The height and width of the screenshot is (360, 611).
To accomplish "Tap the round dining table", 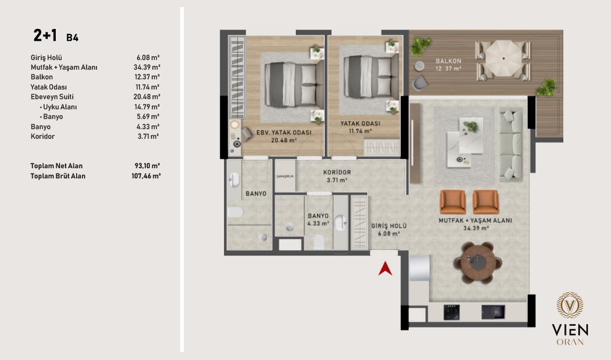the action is (478, 262).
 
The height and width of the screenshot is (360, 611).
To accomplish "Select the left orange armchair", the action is (453, 202).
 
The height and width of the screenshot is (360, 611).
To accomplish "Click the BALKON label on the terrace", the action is (449, 61).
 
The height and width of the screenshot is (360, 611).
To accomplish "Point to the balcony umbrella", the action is (503, 58).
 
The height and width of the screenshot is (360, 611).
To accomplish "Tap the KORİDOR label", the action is (337, 172).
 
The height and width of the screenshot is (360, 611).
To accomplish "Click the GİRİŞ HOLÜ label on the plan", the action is (389, 226).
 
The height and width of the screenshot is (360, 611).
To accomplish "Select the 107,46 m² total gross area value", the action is (146, 176).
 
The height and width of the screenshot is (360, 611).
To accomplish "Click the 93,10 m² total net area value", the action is (148, 166).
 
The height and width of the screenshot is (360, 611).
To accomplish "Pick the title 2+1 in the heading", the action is (45, 35).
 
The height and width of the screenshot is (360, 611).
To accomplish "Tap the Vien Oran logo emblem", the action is (570, 305).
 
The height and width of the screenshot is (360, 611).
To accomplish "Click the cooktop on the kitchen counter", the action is (452, 312).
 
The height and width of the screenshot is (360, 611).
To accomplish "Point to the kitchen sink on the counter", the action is (493, 312).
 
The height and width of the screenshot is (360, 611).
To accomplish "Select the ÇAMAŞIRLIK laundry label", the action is (285, 176).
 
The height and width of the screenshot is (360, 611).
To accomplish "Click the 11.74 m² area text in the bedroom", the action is (361, 131).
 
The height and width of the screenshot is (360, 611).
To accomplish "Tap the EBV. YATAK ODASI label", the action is (284, 132).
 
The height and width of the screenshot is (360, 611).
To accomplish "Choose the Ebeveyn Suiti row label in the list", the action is (52, 96).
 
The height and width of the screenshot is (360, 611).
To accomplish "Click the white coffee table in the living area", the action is (465, 142).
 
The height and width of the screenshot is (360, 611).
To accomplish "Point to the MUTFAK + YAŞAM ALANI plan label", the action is (475, 221).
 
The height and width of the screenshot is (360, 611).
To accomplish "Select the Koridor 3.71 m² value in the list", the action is (148, 137).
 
